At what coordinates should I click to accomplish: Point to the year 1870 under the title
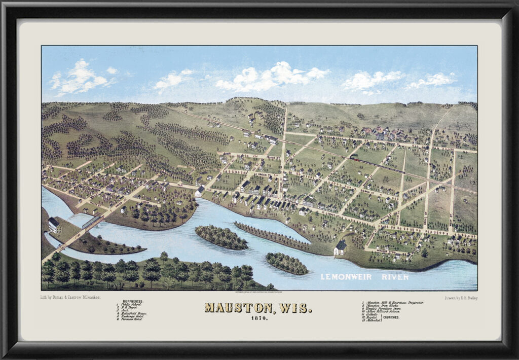258,318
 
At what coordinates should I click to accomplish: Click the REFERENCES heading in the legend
131,301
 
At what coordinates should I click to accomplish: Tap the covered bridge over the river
92,221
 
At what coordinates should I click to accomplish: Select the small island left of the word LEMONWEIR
286,263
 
